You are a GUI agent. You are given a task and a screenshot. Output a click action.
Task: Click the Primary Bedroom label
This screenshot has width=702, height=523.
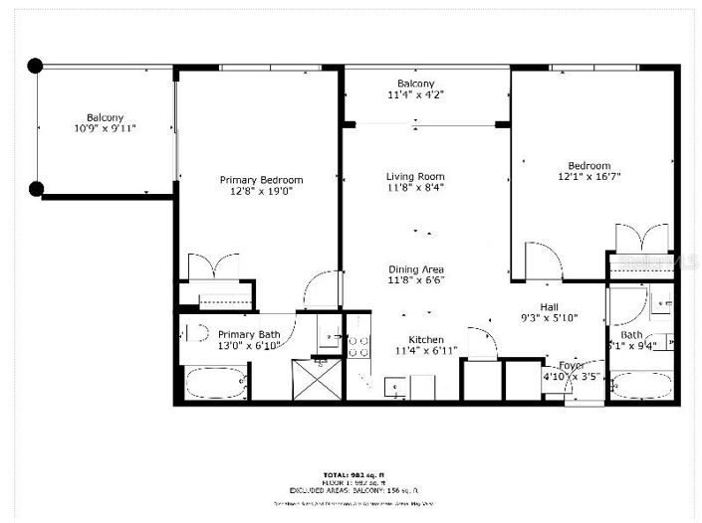click(261, 180)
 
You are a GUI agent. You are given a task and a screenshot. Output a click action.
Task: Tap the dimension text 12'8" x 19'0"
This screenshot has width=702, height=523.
click(261, 192)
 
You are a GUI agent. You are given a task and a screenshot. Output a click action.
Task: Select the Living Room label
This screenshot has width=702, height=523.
click(415, 177)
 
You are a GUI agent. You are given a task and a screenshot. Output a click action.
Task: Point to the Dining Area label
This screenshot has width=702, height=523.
click(415, 269)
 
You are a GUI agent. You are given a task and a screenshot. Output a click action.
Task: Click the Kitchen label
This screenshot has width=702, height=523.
click(426, 339)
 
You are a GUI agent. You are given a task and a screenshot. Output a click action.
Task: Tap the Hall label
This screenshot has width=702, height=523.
click(550, 306)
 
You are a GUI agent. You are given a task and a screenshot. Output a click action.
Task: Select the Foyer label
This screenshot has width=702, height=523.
click(572, 365)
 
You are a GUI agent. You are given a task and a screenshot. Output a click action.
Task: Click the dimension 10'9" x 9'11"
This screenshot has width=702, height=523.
click(104, 128)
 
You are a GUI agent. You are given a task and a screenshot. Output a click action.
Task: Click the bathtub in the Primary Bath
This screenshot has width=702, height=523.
click(212, 383)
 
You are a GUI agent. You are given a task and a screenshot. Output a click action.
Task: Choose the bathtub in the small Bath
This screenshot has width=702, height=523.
click(639, 385)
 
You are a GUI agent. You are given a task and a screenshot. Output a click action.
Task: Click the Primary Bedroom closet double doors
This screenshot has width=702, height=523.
click(214, 268)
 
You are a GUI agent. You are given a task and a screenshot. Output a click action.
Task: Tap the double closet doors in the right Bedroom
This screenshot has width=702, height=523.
click(641, 239)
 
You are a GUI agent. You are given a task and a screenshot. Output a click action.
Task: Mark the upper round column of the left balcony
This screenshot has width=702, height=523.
click(36, 67)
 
